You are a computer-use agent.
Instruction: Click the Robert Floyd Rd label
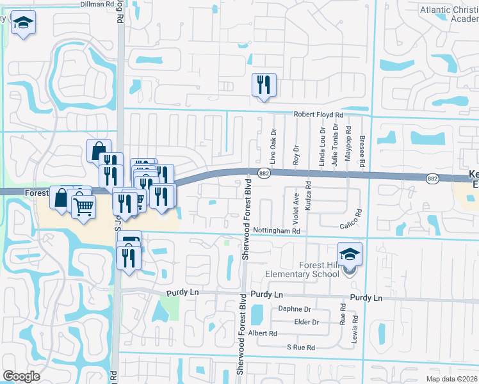pyautogui.click(x=318, y=115)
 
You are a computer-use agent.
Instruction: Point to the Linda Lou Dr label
pyautogui.click(x=322, y=147)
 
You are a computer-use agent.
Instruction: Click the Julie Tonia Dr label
pyautogui.click(x=335, y=147)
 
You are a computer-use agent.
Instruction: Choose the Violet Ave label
pyautogui.click(x=296, y=204)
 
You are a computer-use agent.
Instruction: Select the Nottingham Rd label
pyautogui.click(x=277, y=230)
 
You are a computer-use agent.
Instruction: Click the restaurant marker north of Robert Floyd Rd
pyautogui.click(x=264, y=84)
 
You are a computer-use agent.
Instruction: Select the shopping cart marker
pyautogui.click(x=83, y=207)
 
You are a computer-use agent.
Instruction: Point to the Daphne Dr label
pyautogui.click(x=295, y=308)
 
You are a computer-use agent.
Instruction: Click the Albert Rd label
pyautogui.click(x=263, y=334)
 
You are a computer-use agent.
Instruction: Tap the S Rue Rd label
pyautogui.click(x=301, y=348)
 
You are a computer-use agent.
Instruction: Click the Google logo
pyautogui.click(x=21, y=376)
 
